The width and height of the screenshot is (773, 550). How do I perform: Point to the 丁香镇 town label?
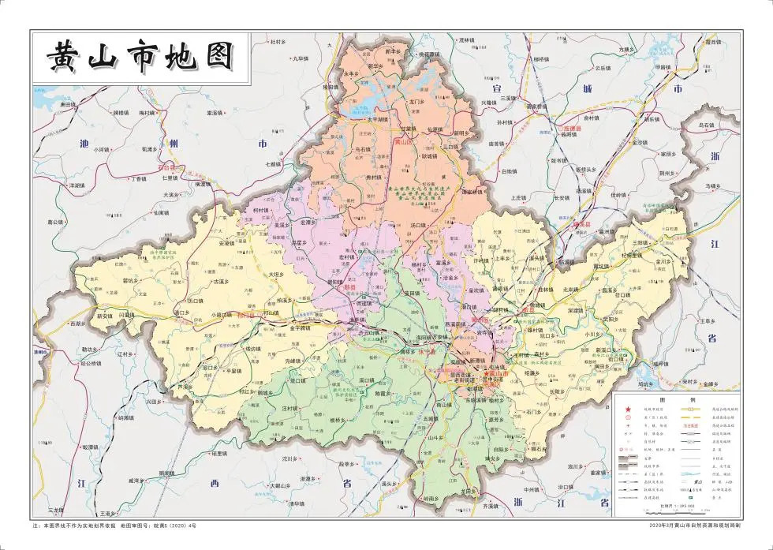[139, 179]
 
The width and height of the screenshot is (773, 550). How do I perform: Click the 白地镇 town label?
[509, 170]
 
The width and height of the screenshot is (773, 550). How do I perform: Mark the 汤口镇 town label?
[418, 226]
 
